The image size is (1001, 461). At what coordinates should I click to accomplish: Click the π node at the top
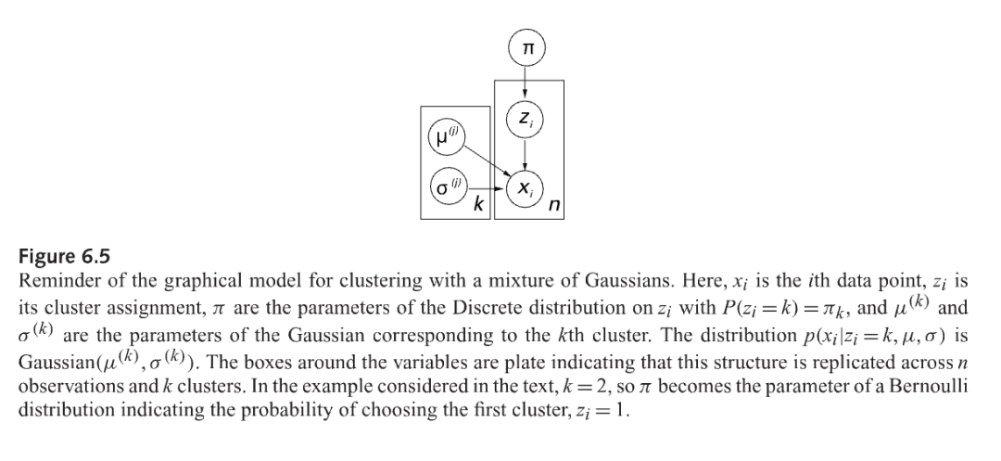[526, 46]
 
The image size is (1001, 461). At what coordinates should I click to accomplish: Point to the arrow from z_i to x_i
[526, 153]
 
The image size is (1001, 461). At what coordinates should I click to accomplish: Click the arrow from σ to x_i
[491, 187]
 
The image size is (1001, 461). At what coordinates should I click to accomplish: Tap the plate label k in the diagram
[477, 207]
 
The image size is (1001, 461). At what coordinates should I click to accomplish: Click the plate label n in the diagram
[551, 207]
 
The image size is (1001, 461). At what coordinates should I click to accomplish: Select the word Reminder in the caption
[57, 281]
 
